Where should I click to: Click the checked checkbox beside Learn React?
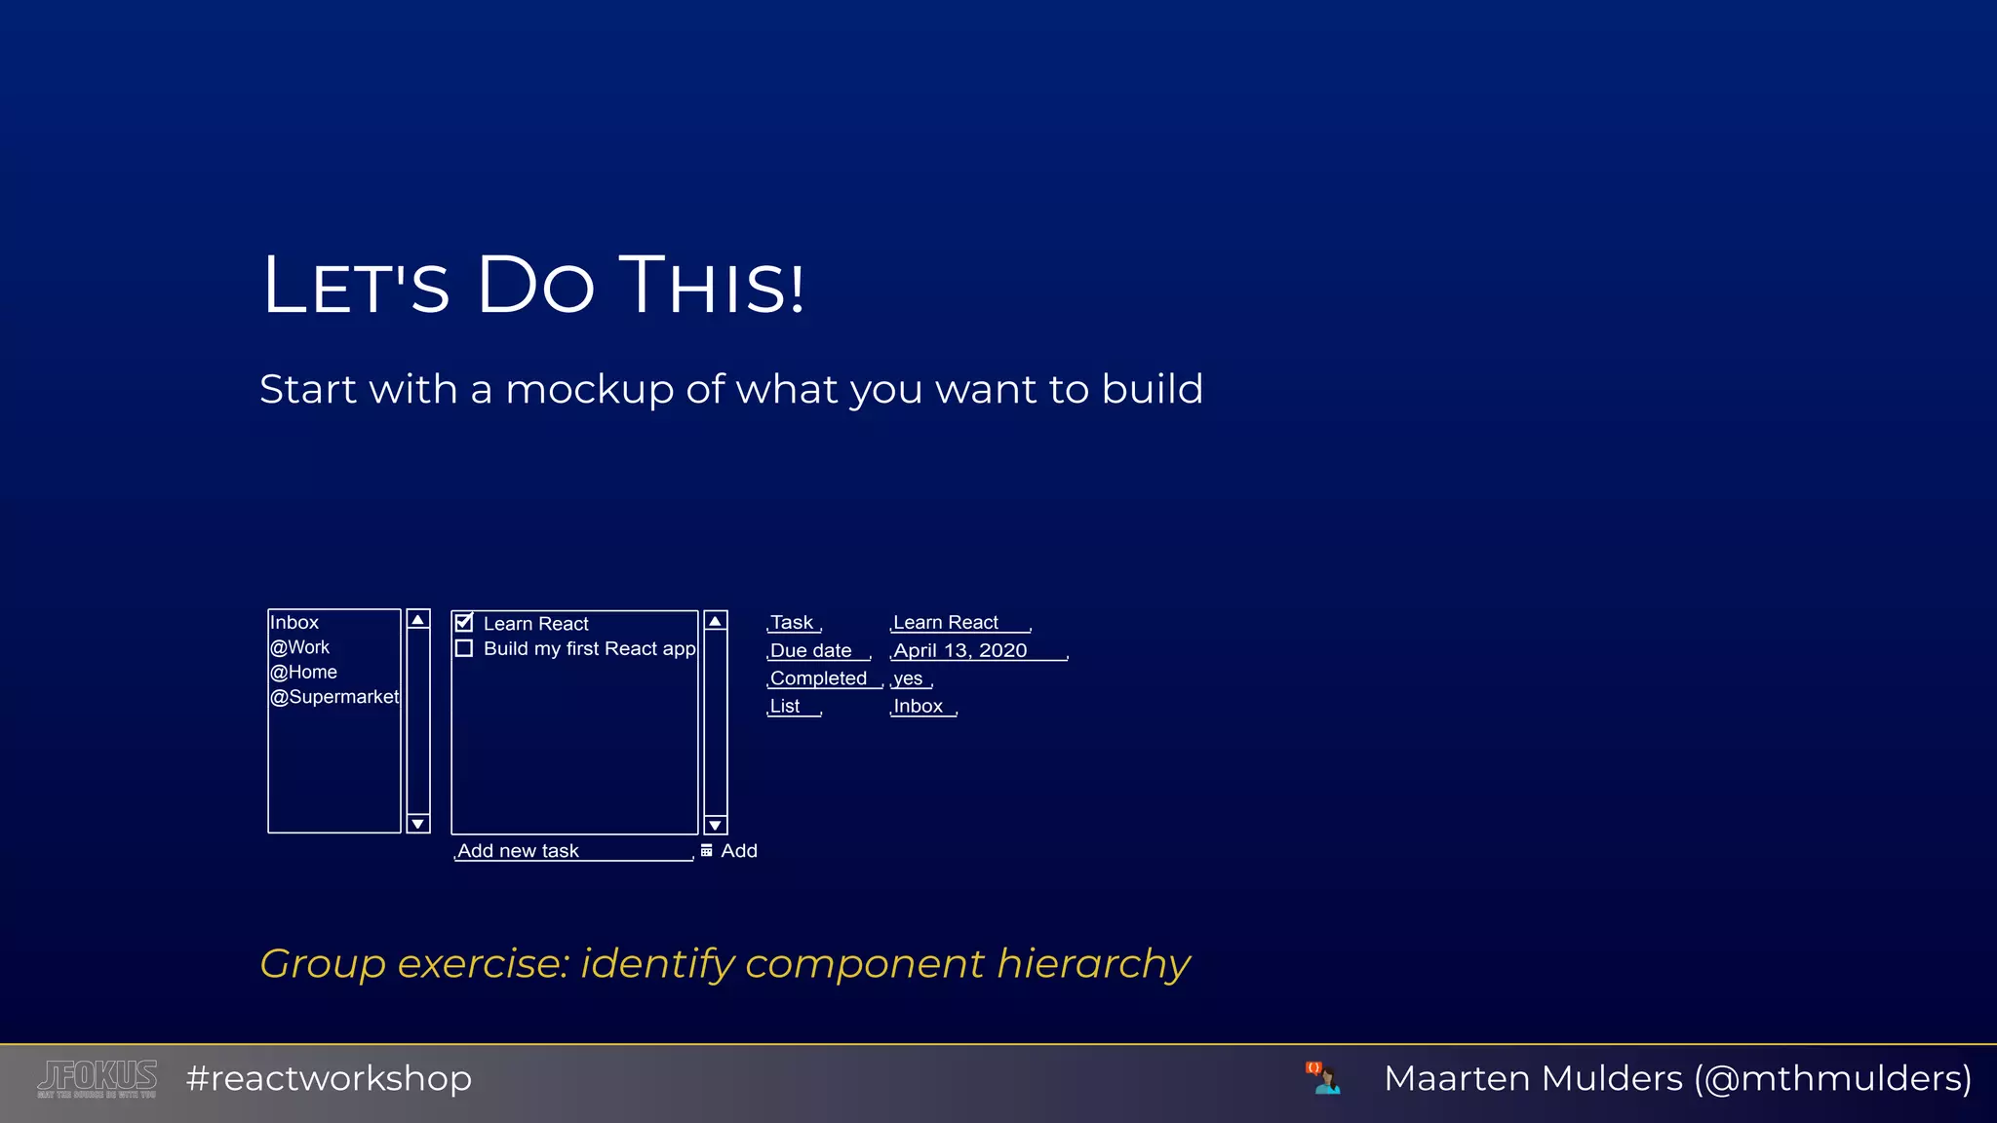(x=464, y=623)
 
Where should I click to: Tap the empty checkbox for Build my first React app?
(x=464, y=648)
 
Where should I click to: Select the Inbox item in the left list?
(x=294, y=623)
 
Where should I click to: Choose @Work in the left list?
(x=300, y=647)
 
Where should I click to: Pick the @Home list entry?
(x=304, y=673)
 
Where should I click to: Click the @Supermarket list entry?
(x=334, y=697)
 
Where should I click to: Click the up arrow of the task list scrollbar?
(x=716, y=621)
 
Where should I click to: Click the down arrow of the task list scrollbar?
(x=716, y=825)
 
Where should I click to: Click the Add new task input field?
(x=573, y=851)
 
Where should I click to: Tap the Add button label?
(x=738, y=851)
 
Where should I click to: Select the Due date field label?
(x=811, y=651)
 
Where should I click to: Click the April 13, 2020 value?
(x=960, y=651)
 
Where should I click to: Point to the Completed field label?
(x=818, y=678)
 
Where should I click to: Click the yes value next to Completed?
(x=908, y=678)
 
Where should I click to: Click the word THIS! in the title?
(x=712, y=287)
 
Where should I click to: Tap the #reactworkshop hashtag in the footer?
(x=329, y=1078)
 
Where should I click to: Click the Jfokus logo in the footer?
(x=98, y=1078)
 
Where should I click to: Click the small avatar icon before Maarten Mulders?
(x=1324, y=1078)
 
